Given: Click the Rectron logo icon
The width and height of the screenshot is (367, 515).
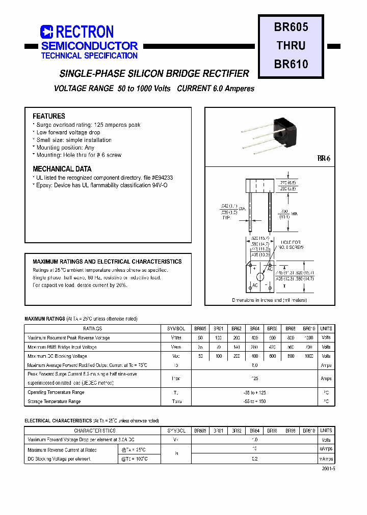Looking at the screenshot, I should [x=47, y=32].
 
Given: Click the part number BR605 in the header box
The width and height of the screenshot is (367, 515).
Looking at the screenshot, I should [x=291, y=26].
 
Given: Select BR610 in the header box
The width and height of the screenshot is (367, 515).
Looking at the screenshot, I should [x=291, y=64].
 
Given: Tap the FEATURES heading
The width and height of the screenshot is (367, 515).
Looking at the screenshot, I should [x=49, y=116].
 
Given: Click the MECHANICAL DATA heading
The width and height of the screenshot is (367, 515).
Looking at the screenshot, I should [x=62, y=168].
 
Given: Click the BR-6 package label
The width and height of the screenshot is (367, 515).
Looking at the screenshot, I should [x=324, y=159].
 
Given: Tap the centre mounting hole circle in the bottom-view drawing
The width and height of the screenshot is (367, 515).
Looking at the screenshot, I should [x=260, y=277].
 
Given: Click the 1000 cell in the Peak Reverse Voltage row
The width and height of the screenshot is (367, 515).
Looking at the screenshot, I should [x=309, y=338].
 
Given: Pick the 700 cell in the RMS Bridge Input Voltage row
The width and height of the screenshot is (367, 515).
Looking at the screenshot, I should [x=309, y=347].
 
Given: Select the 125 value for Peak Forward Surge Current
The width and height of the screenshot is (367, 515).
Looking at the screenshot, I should [x=255, y=379].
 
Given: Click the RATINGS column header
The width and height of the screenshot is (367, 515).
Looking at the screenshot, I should [x=93, y=329].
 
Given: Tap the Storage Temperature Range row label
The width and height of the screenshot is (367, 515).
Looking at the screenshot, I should [x=54, y=402].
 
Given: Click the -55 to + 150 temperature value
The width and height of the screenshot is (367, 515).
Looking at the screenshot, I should [x=255, y=402].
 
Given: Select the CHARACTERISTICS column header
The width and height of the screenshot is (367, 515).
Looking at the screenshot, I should [x=93, y=431].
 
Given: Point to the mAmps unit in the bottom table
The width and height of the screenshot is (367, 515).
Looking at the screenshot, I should [x=326, y=459].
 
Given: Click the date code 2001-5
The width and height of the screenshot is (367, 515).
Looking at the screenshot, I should [x=328, y=469].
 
